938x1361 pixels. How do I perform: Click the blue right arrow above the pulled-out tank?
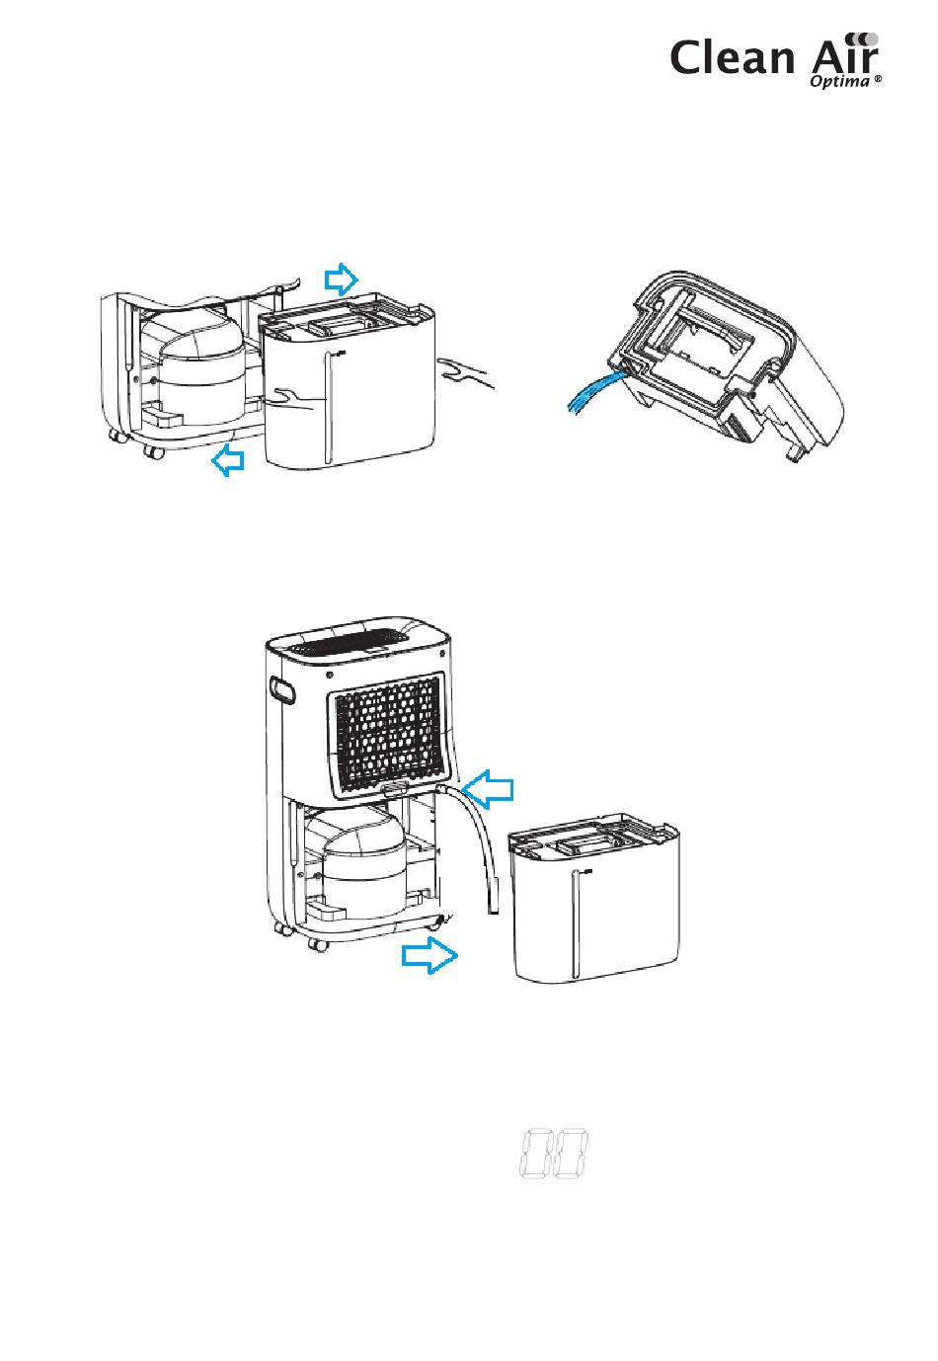pyautogui.click(x=343, y=280)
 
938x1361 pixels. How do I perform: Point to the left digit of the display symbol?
pyautogui.click(x=534, y=1154)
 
